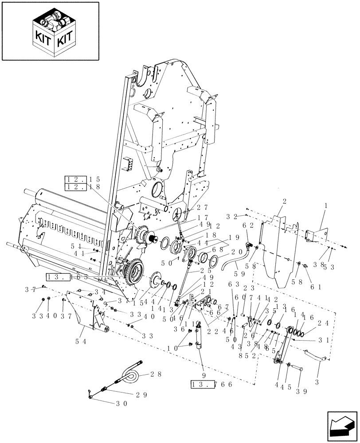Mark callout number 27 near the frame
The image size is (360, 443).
point(202,207)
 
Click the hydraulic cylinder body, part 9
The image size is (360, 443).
point(199,337)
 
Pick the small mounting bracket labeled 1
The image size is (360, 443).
point(316,234)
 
